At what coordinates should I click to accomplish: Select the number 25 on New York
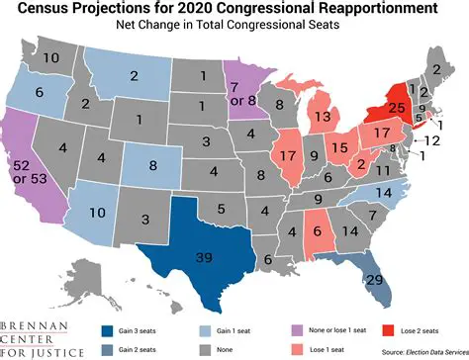pyautogui.click(x=397, y=106)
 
